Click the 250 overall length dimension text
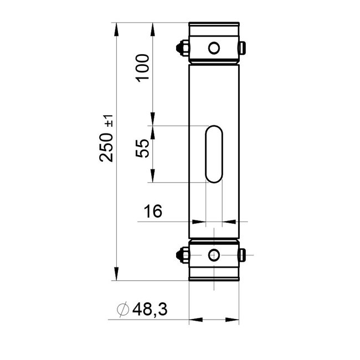107,147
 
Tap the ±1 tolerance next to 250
109,121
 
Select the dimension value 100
142,68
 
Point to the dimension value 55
142,148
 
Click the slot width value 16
153,212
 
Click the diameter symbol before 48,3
123,309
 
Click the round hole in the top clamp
213,48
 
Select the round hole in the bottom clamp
213,255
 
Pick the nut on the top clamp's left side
181,48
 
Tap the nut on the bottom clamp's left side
181,255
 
